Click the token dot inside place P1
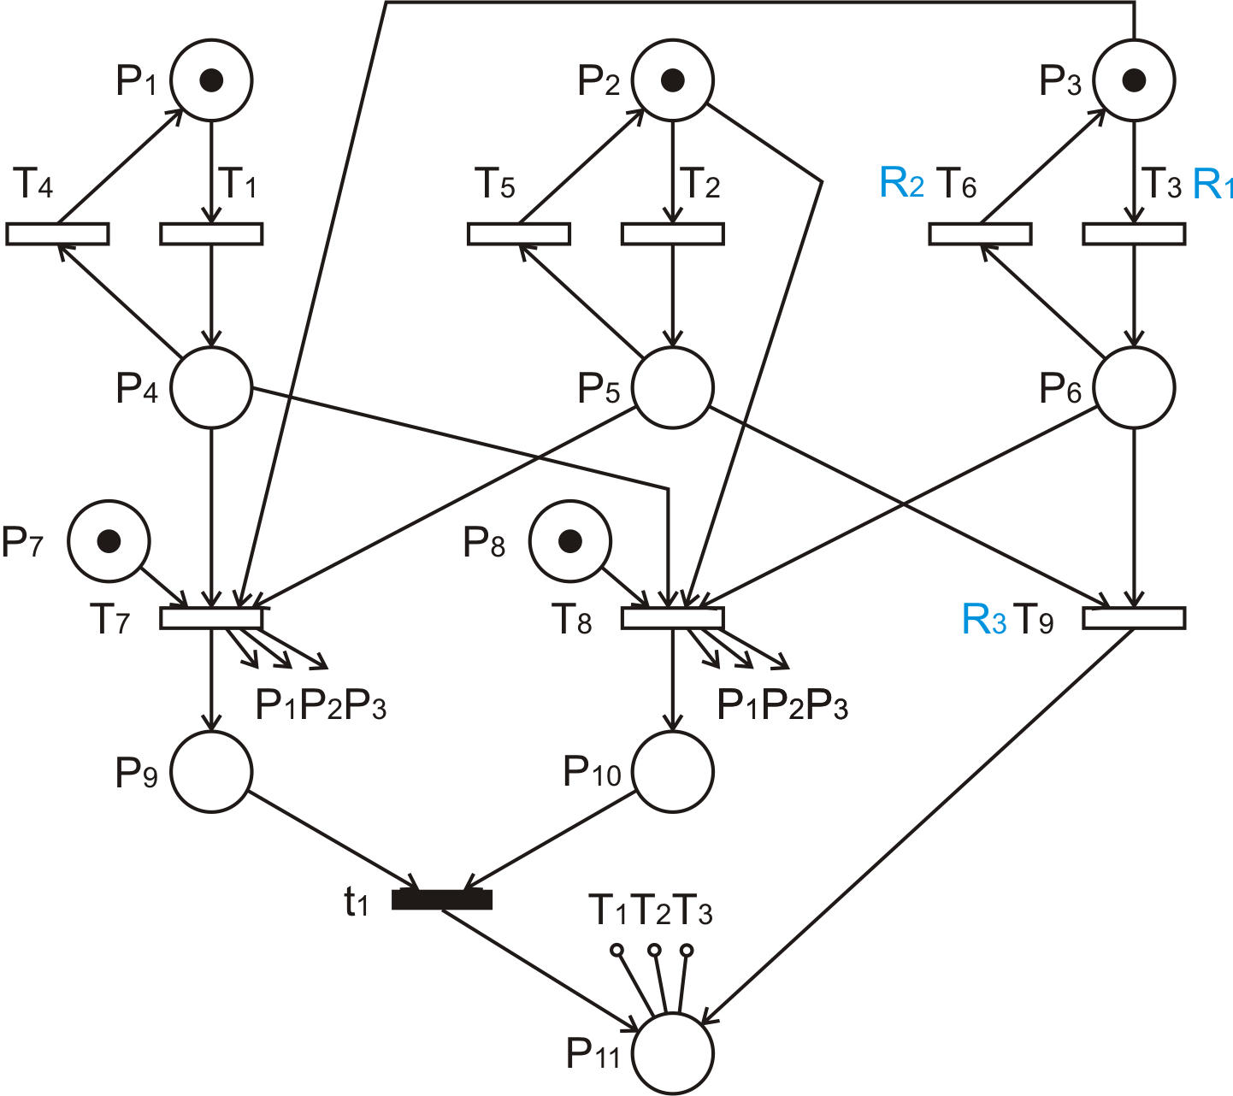click(211, 80)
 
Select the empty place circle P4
click(211, 387)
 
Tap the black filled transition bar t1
click(442, 899)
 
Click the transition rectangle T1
click(211, 233)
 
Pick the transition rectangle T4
click(57, 233)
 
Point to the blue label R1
click(1212, 185)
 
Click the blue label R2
click(901, 185)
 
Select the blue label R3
click(984, 620)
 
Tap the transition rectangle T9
click(1134, 618)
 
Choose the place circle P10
click(673, 772)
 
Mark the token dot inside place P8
click(570, 541)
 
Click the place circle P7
click(109, 541)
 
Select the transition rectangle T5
click(519, 233)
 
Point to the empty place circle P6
click(1134, 387)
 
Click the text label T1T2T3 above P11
click(650, 911)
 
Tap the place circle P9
click(211, 772)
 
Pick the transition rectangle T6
click(980, 233)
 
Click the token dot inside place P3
click(1134, 80)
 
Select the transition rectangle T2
click(673, 233)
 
